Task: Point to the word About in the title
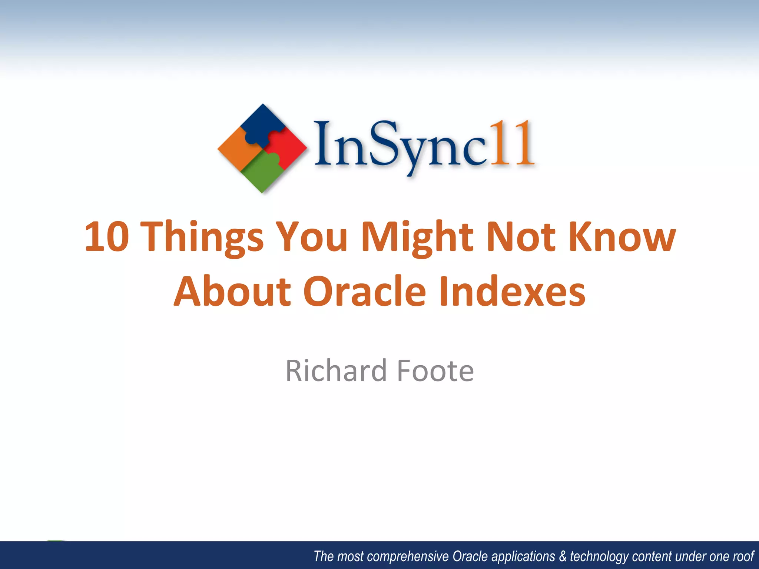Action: pyautogui.click(x=233, y=292)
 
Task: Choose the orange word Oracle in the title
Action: pyautogui.click(x=365, y=292)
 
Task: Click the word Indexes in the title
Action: pyautogui.click(x=512, y=292)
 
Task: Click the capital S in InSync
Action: pyautogui.click(x=384, y=143)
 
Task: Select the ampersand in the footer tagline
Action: pyautogui.click(x=563, y=556)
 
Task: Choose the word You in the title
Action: pyautogui.click(x=312, y=237)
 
